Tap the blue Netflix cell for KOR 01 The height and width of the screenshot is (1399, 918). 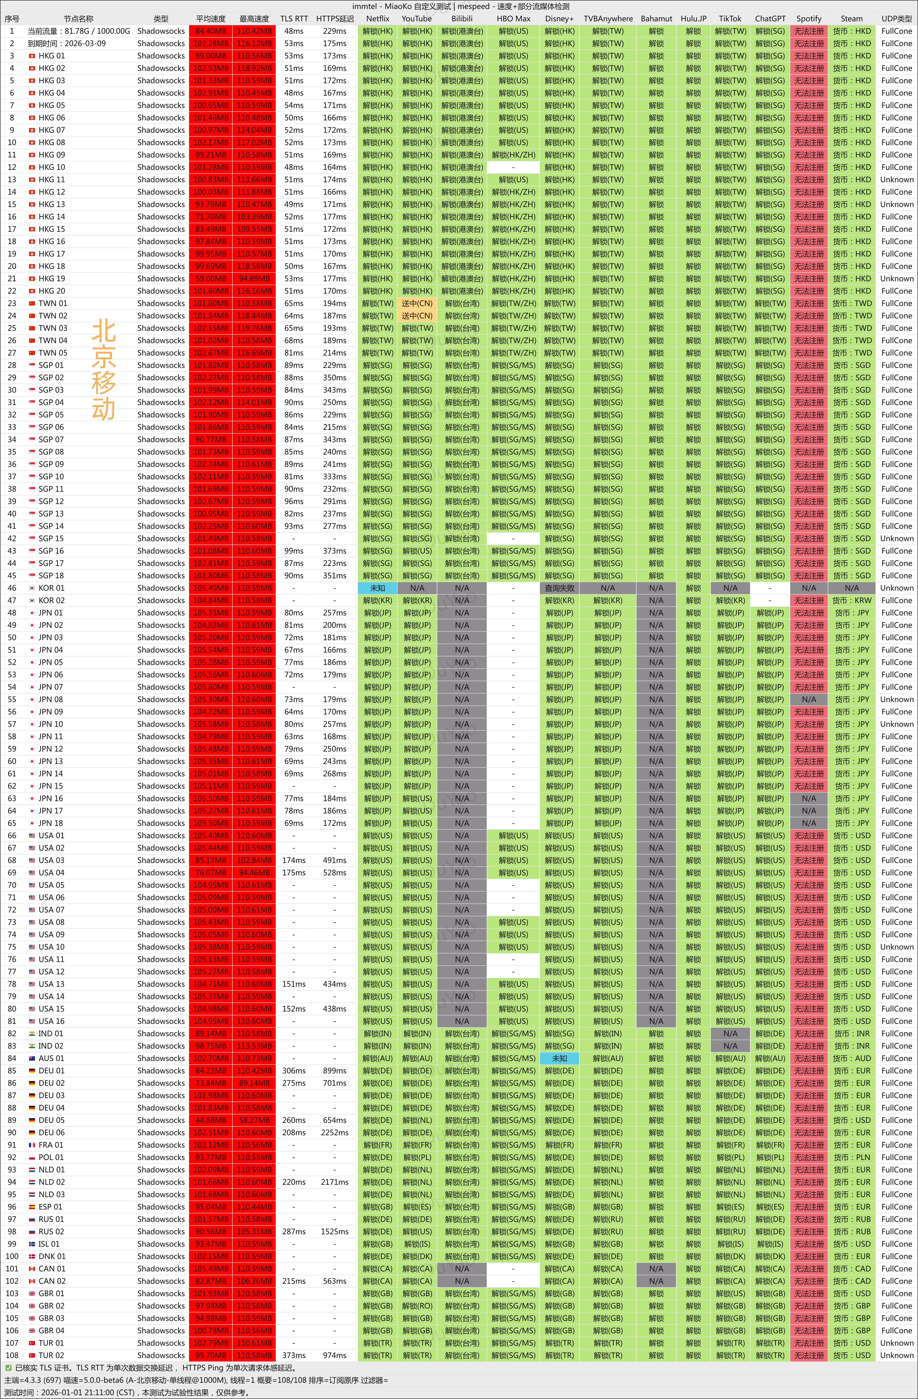(377, 588)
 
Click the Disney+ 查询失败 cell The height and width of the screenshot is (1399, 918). (559, 588)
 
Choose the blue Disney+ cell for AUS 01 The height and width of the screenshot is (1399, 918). (559, 1058)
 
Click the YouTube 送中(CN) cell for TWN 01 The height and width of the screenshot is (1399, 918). (417, 303)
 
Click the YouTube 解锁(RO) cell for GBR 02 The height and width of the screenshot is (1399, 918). (417, 1306)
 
